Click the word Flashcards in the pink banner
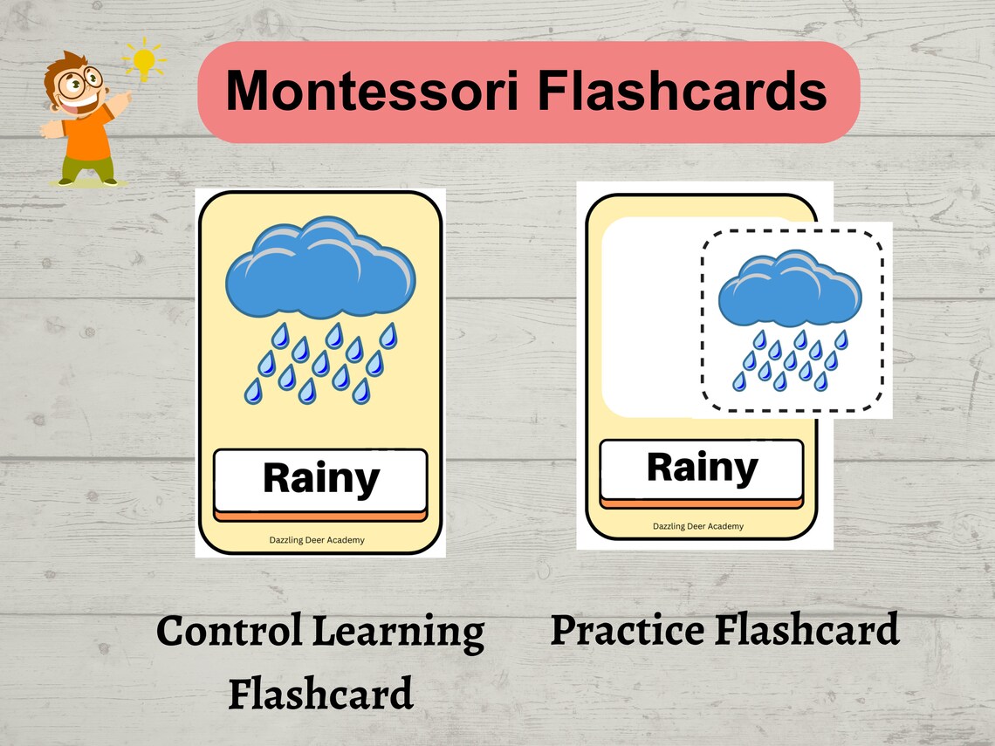[682, 91]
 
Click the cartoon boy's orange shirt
[86, 135]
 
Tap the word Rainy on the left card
[320, 478]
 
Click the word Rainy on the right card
[702, 469]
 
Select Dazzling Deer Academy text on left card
[317, 540]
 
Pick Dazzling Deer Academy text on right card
[698, 526]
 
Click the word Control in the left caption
[230, 632]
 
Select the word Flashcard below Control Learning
[320, 695]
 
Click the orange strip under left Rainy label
[320, 516]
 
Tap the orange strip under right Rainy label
[702, 503]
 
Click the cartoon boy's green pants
[86, 168]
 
